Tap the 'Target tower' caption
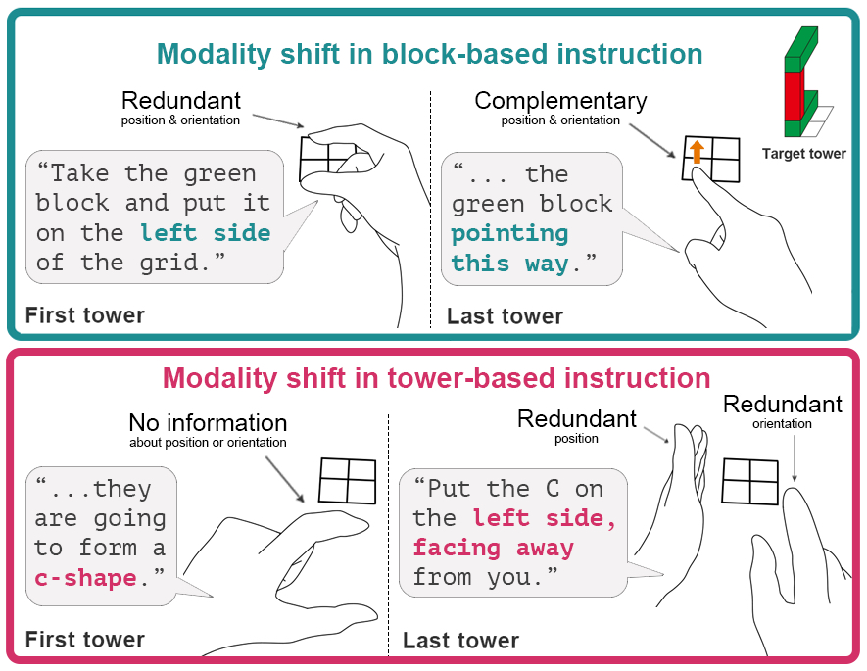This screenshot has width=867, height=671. tap(803, 154)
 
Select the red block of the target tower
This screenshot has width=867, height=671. tap(793, 96)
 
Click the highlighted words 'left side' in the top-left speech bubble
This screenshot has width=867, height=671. tap(205, 233)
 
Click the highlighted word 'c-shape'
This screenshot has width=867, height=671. tap(85, 577)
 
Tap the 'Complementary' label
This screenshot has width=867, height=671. tap(560, 101)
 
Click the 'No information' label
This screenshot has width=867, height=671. tap(208, 423)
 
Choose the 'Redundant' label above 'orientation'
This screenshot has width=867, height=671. tap(782, 404)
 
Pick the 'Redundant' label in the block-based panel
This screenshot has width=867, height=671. tap(181, 101)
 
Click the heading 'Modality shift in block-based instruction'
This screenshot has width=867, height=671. tap(430, 54)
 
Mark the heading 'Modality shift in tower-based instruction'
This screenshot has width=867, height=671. tap(436, 377)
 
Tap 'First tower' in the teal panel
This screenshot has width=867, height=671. tap(84, 315)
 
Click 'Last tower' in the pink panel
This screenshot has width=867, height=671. tap(460, 642)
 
